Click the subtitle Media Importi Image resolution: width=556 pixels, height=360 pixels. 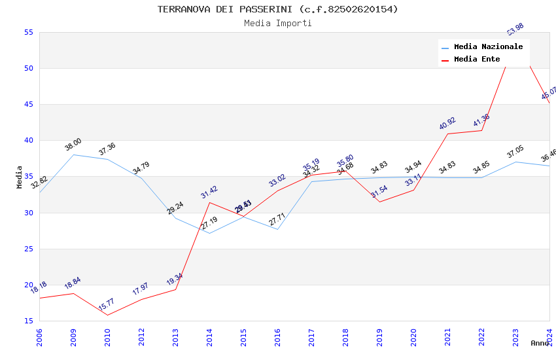click(277, 23)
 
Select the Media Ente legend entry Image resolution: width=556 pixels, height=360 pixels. click(477, 60)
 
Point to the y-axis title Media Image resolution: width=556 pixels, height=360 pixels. click(20, 177)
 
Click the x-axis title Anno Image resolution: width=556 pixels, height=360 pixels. click(540, 343)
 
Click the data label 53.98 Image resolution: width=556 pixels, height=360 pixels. click(515, 29)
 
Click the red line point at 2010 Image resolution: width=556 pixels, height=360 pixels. click(107, 315)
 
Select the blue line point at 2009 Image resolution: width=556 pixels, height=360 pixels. click(73, 154)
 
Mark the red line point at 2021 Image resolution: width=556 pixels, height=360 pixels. click(447, 134)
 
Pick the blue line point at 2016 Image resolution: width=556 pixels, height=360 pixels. click(277, 229)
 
